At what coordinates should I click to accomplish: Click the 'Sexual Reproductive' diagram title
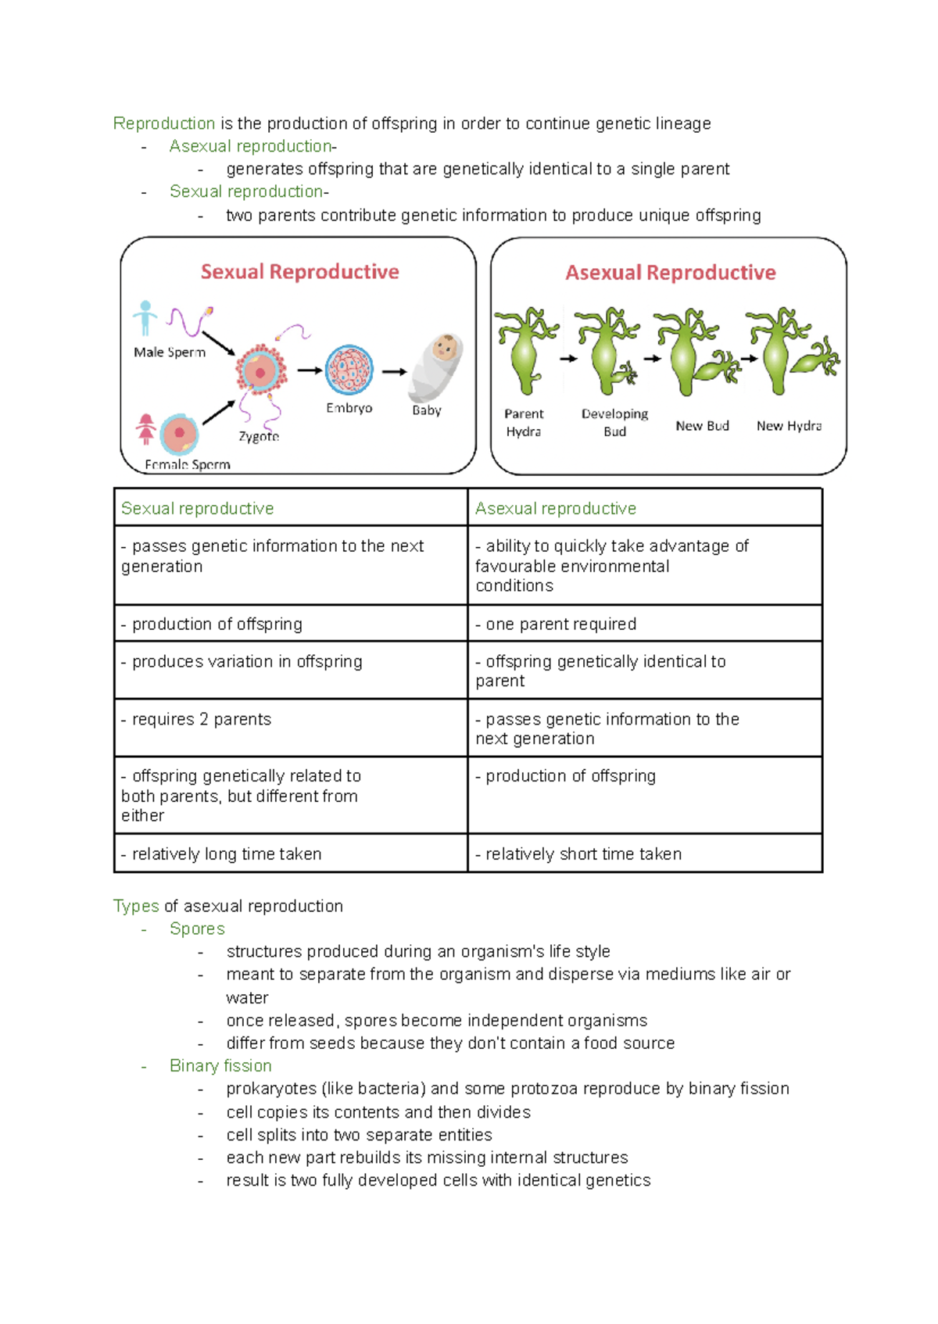[x=299, y=272]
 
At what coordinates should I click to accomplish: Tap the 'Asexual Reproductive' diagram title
[x=670, y=273]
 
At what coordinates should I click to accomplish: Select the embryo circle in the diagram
[x=349, y=370]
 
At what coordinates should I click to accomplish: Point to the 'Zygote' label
[x=259, y=436]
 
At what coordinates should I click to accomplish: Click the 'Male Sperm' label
[x=170, y=352]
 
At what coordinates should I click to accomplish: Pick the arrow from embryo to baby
[x=394, y=372]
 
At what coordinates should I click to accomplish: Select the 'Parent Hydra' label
[x=524, y=422]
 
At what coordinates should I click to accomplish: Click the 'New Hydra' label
[x=789, y=426]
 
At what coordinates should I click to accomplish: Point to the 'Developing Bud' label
[x=614, y=422]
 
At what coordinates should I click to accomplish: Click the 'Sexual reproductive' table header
[x=198, y=509]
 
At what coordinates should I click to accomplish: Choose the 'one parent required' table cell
[x=560, y=624]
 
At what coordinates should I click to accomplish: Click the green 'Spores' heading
[x=197, y=929]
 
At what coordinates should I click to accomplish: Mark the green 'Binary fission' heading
[x=220, y=1066]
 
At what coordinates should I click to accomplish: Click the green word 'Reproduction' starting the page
[x=164, y=123]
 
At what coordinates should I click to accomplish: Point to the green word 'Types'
[x=136, y=906]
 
